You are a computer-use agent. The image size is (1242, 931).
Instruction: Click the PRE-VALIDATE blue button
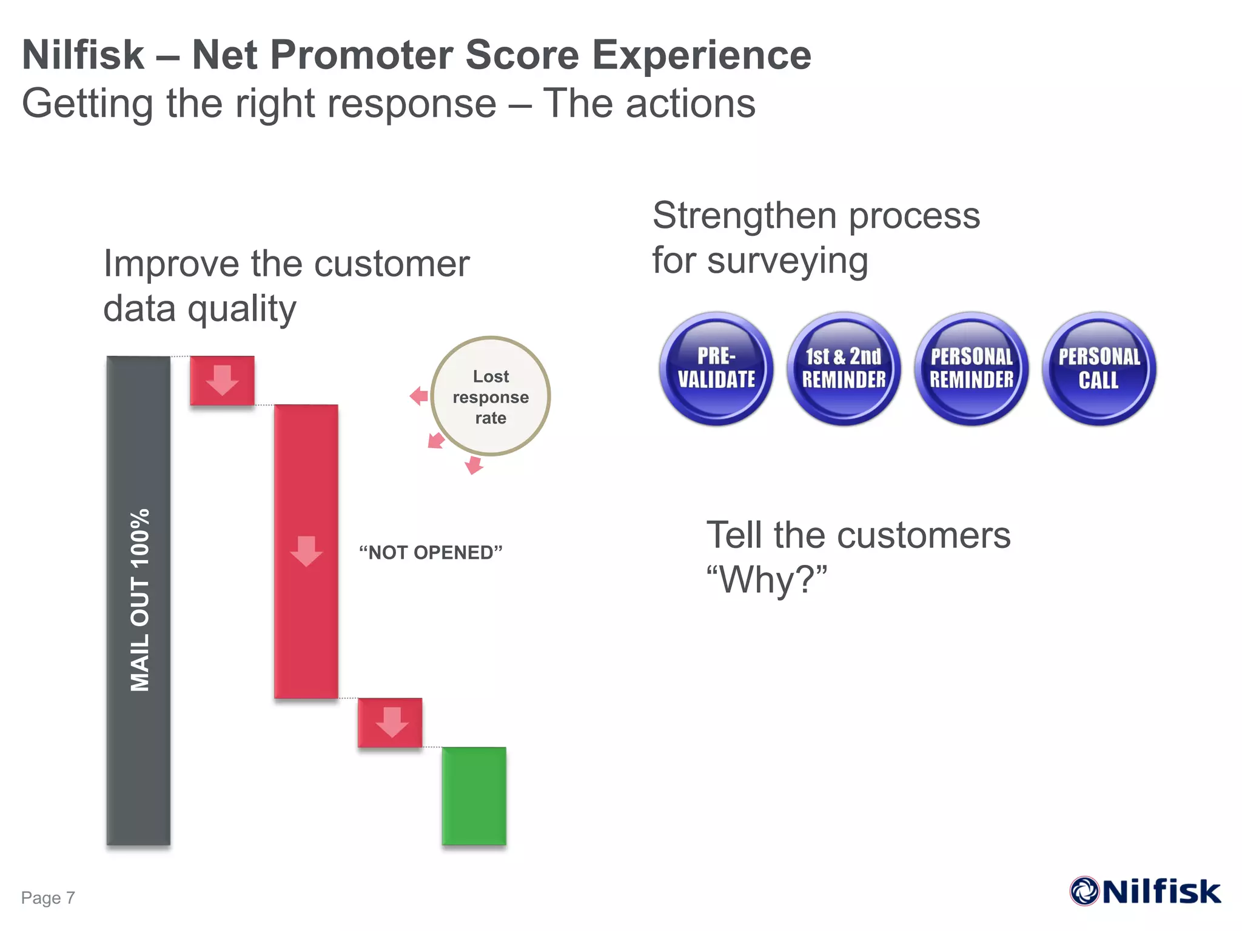tap(716, 369)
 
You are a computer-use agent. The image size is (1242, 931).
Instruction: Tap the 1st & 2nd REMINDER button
tap(844, 369)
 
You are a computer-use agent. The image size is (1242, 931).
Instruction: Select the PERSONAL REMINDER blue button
tap(972, 369)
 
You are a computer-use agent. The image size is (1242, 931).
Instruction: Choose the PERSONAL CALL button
tap(1099, 369)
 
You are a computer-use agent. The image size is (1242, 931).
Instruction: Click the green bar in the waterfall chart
tap(474, 796)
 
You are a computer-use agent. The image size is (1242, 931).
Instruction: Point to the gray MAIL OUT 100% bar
tap(138, 600)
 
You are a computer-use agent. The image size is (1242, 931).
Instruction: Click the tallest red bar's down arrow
tap(306, 551)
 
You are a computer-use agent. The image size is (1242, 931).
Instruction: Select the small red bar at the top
tap(222, 381)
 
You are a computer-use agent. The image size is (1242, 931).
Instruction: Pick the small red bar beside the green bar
tap(390, 722)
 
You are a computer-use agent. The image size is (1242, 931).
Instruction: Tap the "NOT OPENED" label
tap(431, 553)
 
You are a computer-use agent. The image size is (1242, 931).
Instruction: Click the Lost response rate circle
tap(491, 396)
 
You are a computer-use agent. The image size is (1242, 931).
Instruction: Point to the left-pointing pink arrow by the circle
tap(419, 396)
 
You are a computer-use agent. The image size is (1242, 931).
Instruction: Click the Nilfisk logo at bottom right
tap(1146, 892)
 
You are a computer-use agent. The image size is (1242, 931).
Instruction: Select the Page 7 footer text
tap(48, 898)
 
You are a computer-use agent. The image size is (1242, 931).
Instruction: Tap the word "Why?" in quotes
tap(767, 580)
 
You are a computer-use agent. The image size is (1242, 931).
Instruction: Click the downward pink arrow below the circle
tap(474, 465)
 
